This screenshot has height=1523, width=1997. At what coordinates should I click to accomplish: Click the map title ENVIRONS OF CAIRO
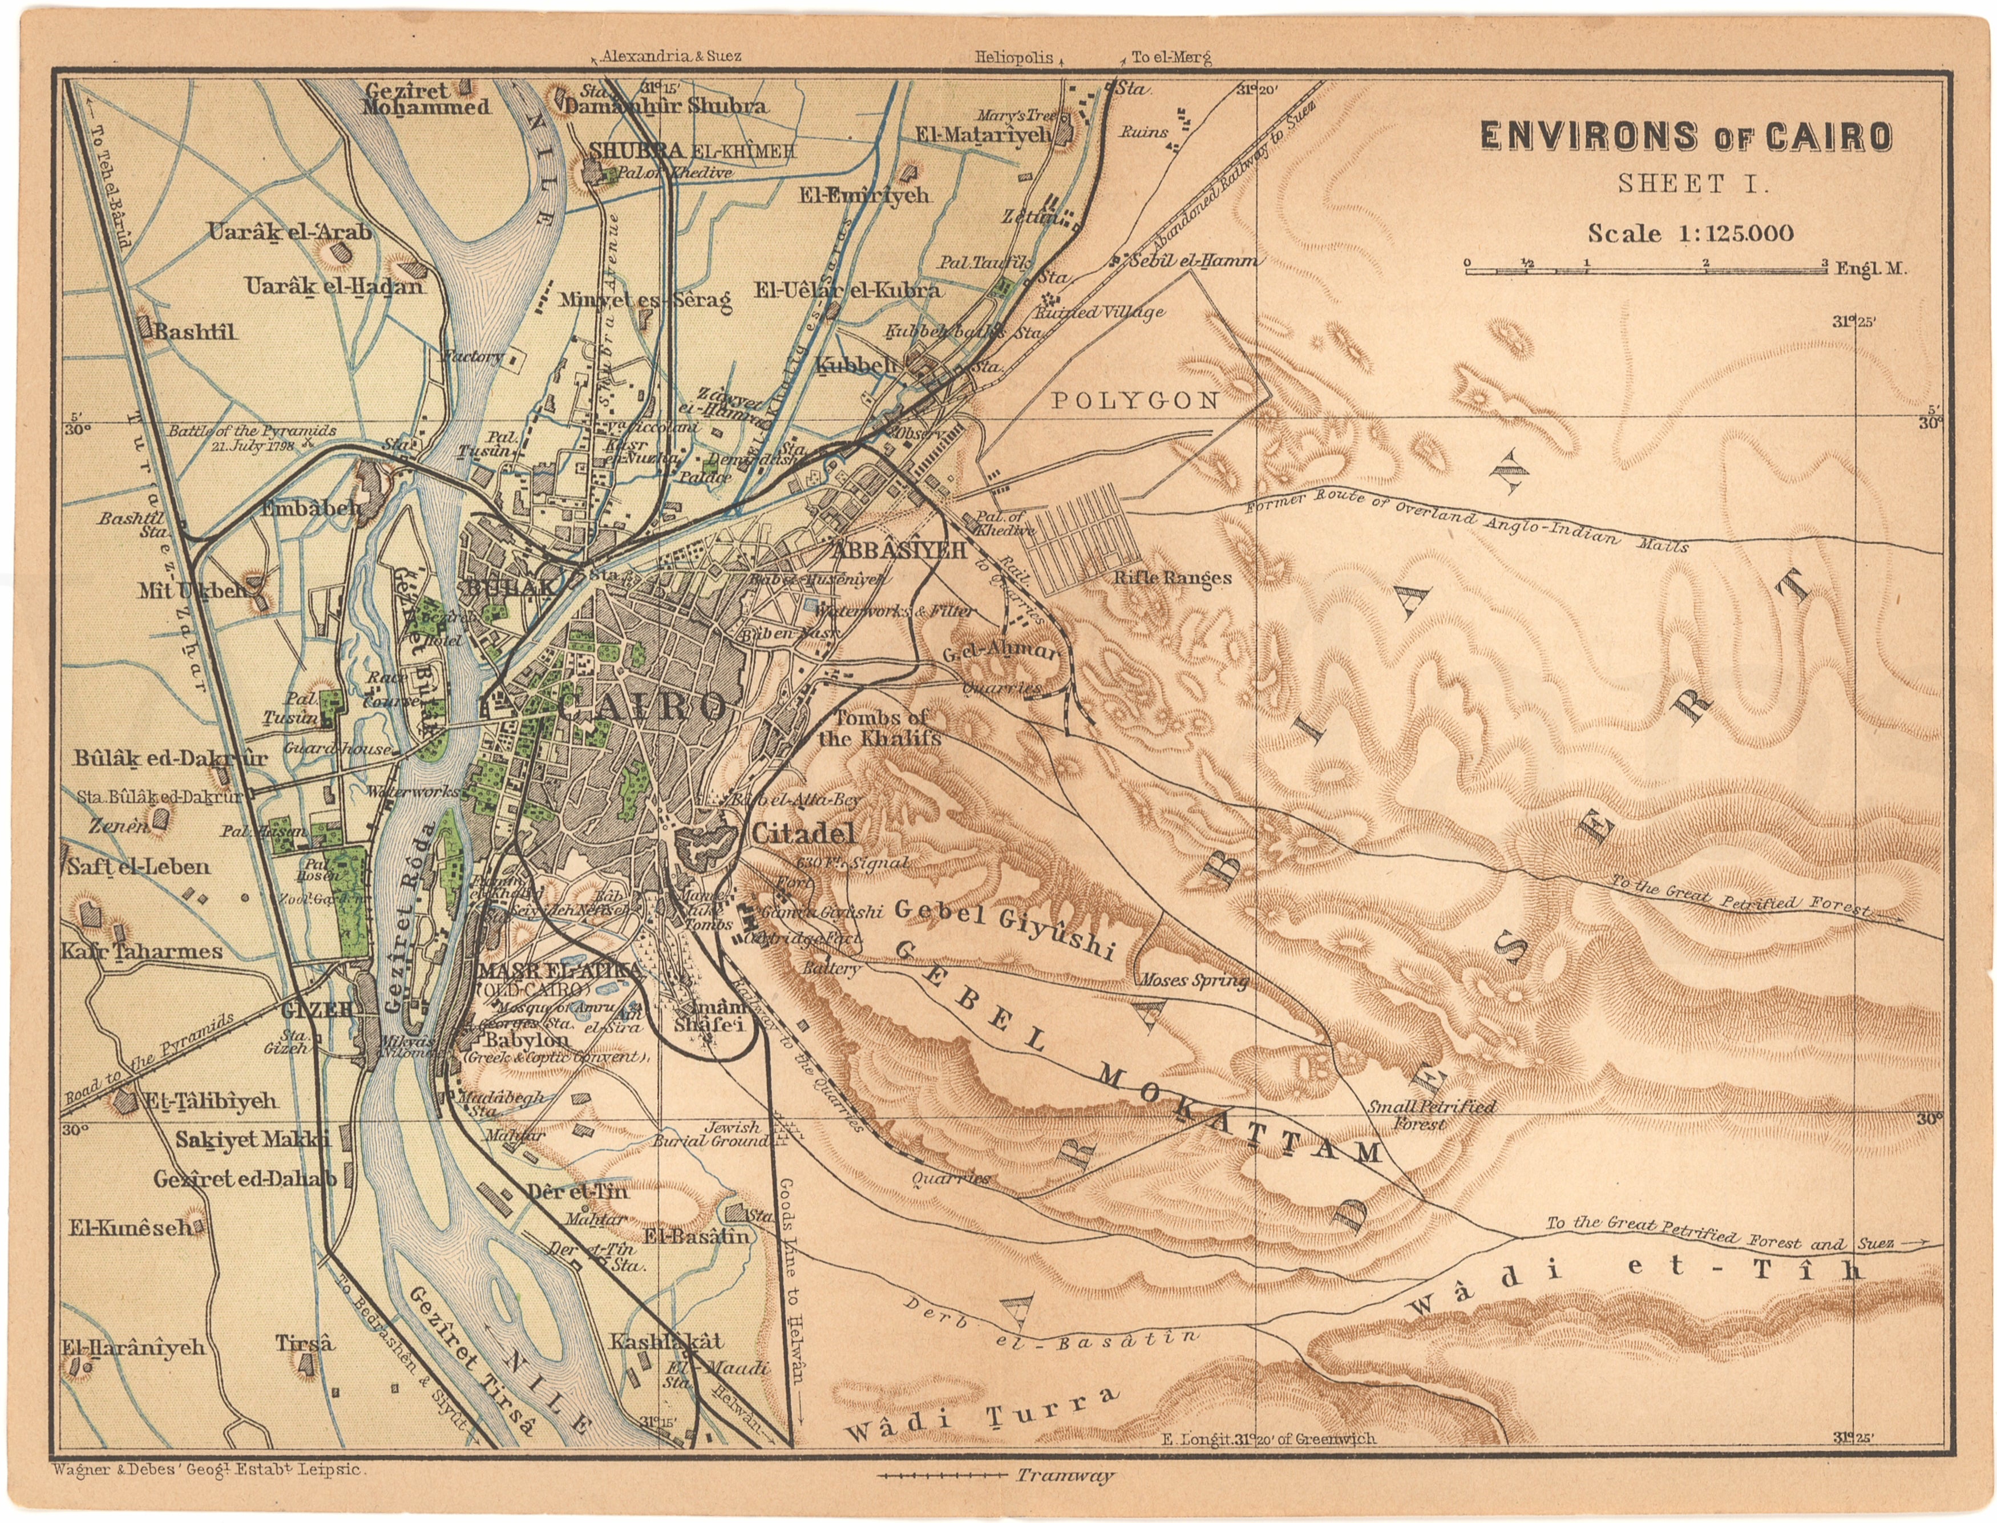[1686, 136]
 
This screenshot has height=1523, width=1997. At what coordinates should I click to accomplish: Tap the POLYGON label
[1135, 401]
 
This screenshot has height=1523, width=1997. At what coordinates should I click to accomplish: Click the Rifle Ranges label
[1172, 577]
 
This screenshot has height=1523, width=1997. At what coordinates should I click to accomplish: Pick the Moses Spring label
[1193, 979]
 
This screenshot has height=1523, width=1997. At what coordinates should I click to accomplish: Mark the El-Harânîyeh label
[134, 1347]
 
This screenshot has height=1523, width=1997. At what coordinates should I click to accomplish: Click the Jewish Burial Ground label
[712, 1134]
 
